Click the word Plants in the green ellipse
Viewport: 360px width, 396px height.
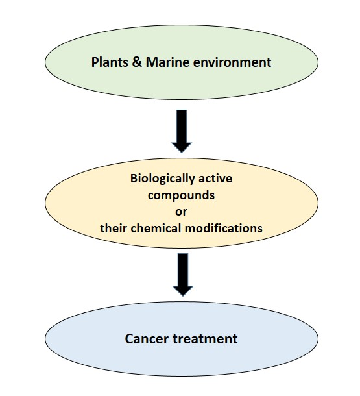pos(111,63)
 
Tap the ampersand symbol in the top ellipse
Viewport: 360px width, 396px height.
pos(138,63)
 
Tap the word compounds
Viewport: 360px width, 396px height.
pos(182,194)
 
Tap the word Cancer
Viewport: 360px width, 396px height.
pos(144,339)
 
